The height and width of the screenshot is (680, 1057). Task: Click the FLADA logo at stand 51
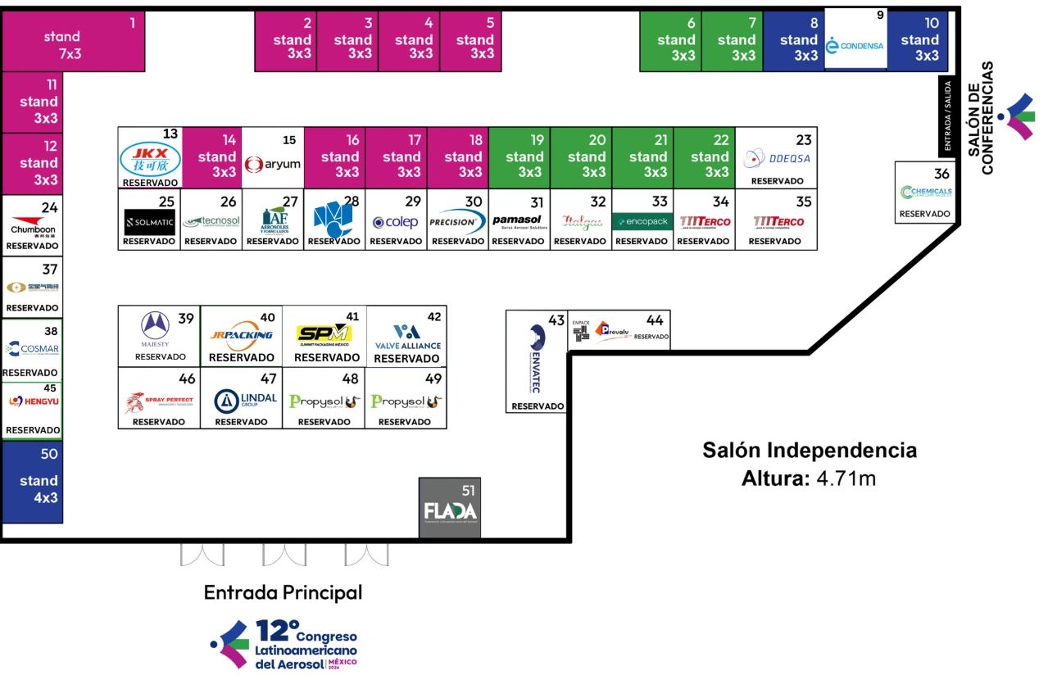coord(450,511)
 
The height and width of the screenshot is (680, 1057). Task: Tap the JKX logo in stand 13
coord(149,158)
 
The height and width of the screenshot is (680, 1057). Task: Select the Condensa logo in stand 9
coord(855,46)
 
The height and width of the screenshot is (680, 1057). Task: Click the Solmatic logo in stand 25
coord(149,222)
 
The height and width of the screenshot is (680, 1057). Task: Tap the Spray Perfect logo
coord(159,402)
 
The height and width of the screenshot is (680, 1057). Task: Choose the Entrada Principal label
coord(283,592)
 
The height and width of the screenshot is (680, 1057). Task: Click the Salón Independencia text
coord(810,450)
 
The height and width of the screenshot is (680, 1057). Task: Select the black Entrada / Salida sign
coord(947,116)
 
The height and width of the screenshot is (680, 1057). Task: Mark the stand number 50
coord(49,454)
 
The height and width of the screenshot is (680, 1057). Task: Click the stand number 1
coord(132,23)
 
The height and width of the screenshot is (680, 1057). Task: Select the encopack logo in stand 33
coord(642,221)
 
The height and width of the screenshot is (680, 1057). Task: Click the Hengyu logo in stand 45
coord(32,401)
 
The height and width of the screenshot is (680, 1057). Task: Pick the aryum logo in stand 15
coord(272,164)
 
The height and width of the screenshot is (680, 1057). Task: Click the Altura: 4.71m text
coord(809,478)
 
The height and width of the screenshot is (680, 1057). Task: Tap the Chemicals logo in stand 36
coord(926,193)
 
